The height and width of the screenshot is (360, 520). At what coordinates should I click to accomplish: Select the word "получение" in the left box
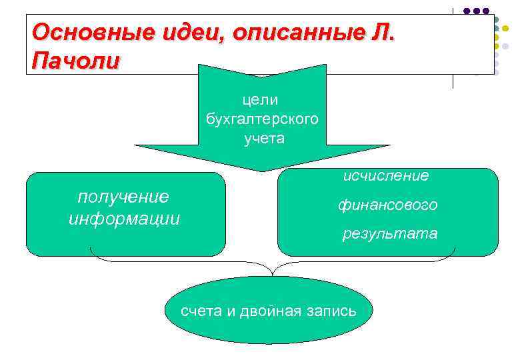[x=124, y=197]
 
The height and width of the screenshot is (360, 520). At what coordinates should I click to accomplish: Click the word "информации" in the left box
[x=124, y=219]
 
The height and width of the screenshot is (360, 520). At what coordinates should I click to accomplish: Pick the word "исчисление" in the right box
[x=386, y=176]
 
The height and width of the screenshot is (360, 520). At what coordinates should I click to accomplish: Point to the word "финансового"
[x=387, y=205]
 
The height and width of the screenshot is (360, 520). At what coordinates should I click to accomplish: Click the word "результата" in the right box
[x=390, y=233]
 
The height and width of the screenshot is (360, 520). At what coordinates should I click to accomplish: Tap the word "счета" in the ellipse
[x=201, y=311]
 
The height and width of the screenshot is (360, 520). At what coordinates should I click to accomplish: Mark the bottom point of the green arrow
[x=262, y=171]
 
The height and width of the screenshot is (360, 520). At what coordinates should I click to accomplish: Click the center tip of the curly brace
[x=272, y=274]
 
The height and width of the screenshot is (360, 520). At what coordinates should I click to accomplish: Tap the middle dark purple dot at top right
[x=476, y=11]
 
